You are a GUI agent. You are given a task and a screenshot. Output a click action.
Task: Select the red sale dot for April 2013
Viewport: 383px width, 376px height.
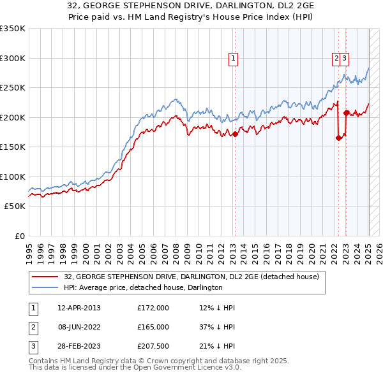point(235,134)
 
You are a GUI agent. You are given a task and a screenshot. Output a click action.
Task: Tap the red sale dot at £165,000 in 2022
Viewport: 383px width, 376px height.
point(338,138)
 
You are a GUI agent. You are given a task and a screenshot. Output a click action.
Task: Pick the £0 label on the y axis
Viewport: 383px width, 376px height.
point(19,236)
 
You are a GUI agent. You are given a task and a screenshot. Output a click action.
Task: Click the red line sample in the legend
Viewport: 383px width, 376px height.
point(46,277)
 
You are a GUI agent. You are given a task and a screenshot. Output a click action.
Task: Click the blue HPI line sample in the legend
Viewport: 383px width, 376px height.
point(46,287)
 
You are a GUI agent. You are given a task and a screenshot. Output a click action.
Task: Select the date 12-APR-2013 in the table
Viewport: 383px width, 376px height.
point(79,308)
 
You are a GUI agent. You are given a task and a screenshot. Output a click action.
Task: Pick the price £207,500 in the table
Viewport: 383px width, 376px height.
point(153,346)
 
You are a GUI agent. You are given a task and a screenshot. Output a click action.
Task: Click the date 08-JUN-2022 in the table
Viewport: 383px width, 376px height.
point(79,327)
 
